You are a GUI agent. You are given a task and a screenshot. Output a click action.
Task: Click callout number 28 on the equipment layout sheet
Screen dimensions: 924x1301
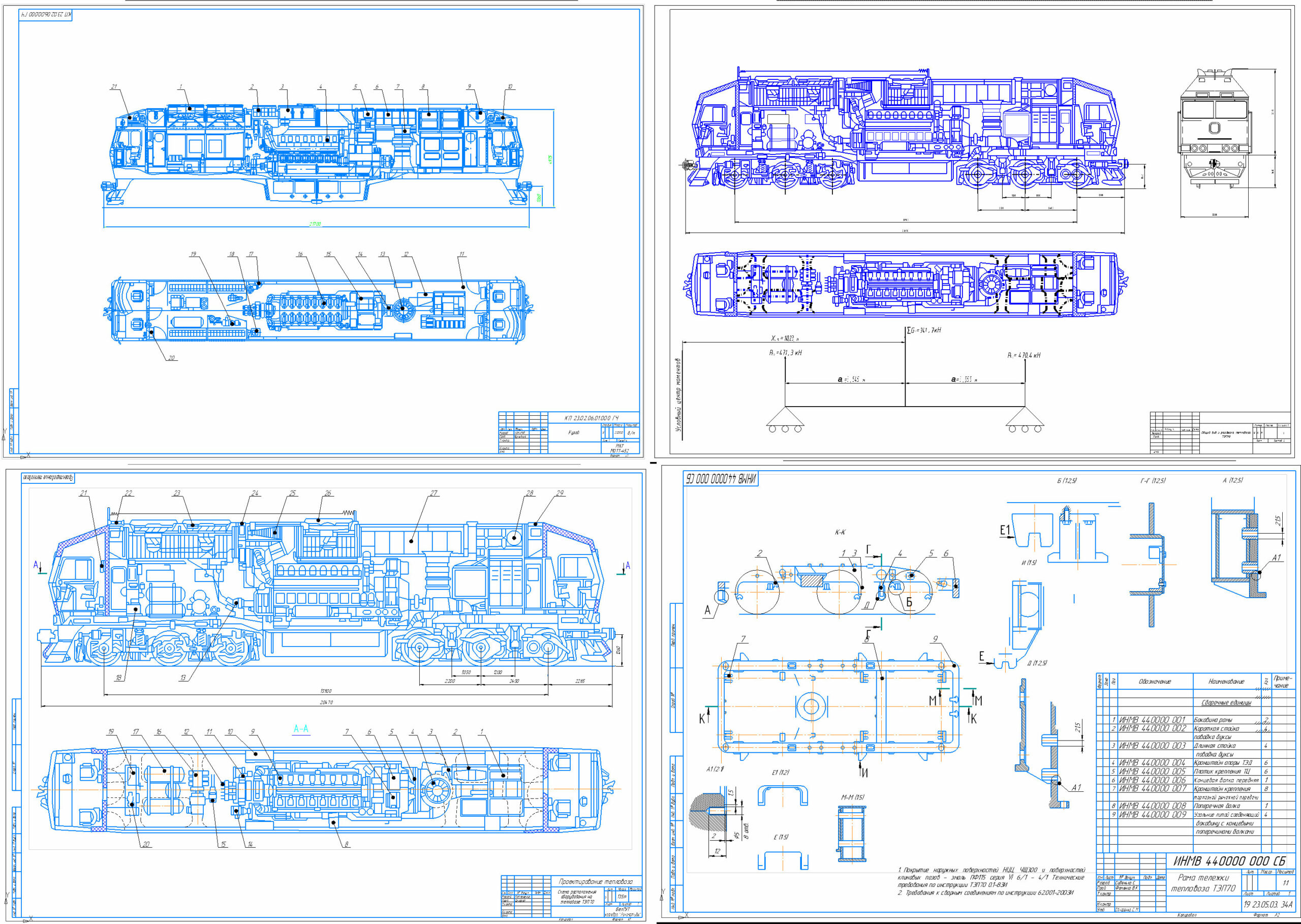pyautogui.click(x=530, y=494)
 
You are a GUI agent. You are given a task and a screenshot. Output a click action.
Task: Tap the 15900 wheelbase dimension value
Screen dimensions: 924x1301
pyautogui.click(x=326, y=691)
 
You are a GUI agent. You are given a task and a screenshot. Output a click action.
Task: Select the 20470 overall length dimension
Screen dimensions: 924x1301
pyautogui.click(x=326, y=703)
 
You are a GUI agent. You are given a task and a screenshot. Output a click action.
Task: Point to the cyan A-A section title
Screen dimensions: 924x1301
pyautogui.click(x=301, y=729)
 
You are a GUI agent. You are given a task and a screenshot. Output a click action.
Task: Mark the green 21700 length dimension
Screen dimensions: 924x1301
pyautogui.click(x=315, y=224)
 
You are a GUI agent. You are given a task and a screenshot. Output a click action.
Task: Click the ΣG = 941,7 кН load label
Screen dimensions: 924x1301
pyautogui.click(x=924, y=330)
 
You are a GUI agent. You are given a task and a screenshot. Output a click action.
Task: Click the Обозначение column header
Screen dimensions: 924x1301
pyautogui.click(x=1154, y=682)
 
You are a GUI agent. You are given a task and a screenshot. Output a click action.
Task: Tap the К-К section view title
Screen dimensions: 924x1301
pyautogui.click(x=840, y=533)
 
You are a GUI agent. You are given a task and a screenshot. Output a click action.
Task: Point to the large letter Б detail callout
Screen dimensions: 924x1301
pyautogui.click(x=909, y=602)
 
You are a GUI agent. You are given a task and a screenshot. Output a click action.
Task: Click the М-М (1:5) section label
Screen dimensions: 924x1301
pyautogui.click(x=852, y=797)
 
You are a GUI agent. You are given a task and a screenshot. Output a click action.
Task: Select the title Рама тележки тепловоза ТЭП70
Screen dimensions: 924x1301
pyautogui.click(x=1203, y=882)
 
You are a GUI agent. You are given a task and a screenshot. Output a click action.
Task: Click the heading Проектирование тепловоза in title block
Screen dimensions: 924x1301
pyautogui.click(x=595, y=881)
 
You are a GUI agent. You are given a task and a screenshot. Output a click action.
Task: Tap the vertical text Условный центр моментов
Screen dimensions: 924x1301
pyautogui.click(x=678, y=395)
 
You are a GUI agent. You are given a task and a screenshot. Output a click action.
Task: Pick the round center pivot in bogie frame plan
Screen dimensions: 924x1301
pyautogui.click(x=811, y=707)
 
